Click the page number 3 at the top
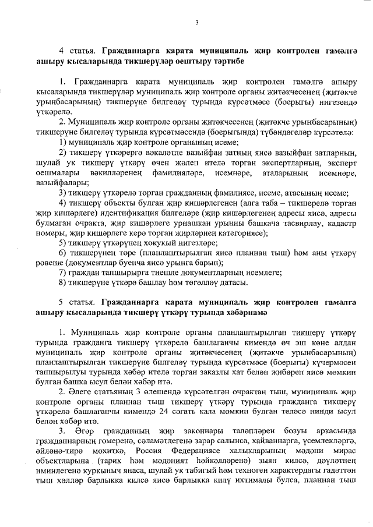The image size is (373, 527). point(197,23)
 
